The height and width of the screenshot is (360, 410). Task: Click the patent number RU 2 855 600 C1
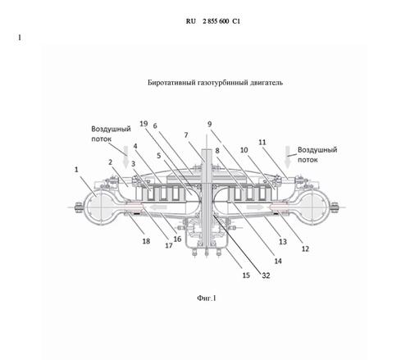point(213,21)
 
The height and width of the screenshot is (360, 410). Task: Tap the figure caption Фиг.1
point(207,298)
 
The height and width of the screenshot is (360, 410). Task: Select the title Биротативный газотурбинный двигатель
point(215,83)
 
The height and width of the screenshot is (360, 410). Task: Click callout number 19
point(143,124)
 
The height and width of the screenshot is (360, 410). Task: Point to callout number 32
point(266,276)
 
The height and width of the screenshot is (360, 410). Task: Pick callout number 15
point(246,275)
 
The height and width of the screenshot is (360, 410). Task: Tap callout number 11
point(262,142)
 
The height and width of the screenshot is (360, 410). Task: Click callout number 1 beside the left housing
point(76,170)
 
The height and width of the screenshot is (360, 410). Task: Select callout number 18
point(146,241)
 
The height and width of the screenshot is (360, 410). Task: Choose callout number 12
point(305,248)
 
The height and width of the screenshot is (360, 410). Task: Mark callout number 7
point(186,135)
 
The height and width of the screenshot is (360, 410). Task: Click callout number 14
point(278,261)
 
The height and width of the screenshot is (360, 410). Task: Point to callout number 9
point(210,124)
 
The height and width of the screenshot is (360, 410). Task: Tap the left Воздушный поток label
point(111,134)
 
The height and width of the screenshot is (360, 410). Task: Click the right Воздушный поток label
point(317,155)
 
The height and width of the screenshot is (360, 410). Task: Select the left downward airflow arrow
point(125,157)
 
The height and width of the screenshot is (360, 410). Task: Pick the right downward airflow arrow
point(287,157)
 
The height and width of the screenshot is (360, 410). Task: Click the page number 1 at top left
point(20,38)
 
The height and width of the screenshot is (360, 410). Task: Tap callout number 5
point(159,156)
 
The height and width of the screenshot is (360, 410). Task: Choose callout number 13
point(283,241)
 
